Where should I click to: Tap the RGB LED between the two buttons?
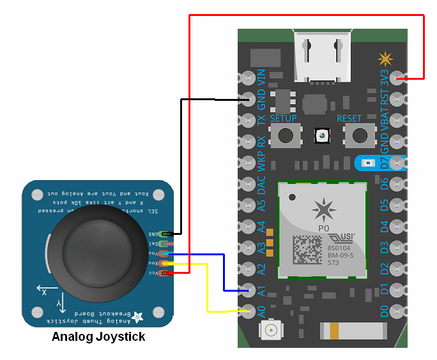point(323,135)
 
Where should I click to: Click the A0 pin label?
point(261,311)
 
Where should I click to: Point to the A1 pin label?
point(261,290)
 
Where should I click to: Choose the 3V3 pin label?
point(385,79)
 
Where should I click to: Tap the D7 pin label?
point(385,163)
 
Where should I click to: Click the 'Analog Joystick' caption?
point(98,337)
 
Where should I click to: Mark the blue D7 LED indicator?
point(365,163)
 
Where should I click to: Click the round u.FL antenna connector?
point(272,331)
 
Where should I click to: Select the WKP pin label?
point(261,162)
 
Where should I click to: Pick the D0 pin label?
point(385,311)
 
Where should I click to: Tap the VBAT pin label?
point(385,121)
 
